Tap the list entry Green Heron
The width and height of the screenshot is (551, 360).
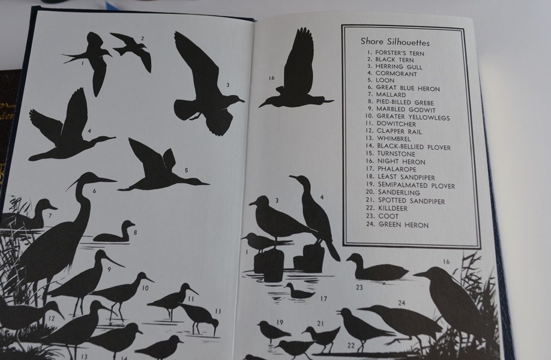coord(399,225)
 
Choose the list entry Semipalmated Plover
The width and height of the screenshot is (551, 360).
coord(411,186)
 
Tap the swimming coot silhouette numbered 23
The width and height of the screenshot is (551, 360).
coord(375,270)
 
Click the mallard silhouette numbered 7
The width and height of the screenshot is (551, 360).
coord(33,215)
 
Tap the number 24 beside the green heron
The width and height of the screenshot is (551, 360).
coord(402,304)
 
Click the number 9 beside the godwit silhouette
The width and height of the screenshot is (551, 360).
coord(110,269)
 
